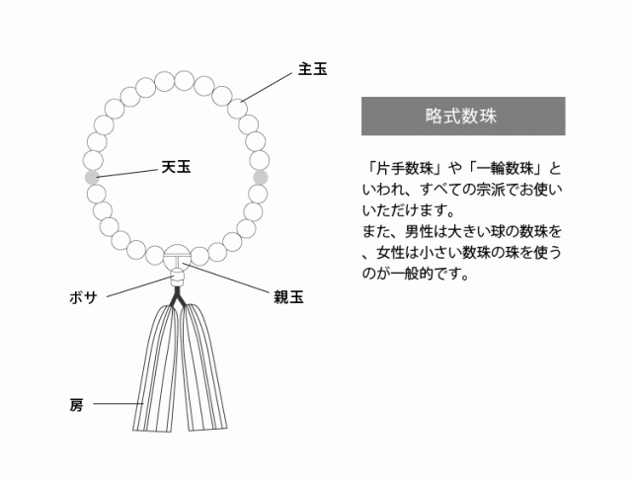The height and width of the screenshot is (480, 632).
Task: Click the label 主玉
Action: (312, 70)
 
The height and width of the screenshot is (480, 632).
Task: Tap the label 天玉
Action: (176, 168)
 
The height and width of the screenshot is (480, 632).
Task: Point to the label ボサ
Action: (83, 297)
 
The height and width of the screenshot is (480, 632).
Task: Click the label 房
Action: (76, 404)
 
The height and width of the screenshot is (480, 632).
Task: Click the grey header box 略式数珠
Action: (463, 116)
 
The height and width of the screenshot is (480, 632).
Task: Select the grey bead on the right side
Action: (261, 177)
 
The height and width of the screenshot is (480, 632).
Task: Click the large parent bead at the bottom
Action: (178, 259)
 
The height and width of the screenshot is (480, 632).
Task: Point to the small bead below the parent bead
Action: (178, 280)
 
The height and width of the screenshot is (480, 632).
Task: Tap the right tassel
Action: (202, 375)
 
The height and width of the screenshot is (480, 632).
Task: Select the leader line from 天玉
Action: (129, 173)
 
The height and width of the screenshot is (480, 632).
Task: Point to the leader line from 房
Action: (117, 404)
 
